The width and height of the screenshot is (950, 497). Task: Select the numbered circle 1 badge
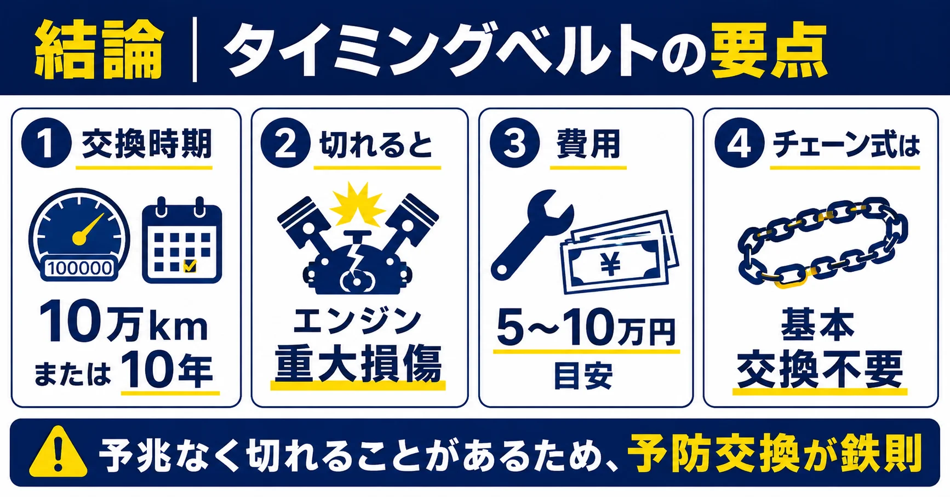coord(47,143)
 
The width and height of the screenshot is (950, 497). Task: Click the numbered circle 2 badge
coord(285,143)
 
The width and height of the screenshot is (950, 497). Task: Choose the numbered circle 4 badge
coord(739,143)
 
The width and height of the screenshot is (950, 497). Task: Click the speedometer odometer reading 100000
coord(80,268)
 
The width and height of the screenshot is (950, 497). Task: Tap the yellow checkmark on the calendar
coord(190,266)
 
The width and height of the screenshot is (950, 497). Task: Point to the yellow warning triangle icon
coord(58,453)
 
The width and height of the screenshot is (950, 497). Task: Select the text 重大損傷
coord(358,364)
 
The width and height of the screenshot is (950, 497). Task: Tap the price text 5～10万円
coord(586,328)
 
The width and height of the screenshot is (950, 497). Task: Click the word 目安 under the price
coord(583,375)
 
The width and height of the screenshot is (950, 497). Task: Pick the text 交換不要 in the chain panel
coord(820,369)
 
